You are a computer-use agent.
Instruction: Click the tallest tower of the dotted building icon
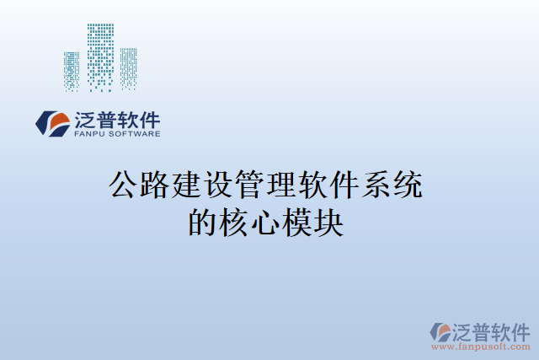point(101,56)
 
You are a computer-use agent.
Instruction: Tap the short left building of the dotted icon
point(72,71)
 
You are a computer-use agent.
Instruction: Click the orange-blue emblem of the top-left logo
point(52,124)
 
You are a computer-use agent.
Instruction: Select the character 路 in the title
point(157,184)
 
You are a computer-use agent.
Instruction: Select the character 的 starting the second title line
point(205,221)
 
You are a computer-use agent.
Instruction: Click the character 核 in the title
point(237,221)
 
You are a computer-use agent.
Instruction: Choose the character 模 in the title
point(301,221)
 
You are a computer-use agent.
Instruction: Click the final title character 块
point(333,221)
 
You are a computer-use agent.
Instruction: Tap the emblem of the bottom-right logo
point(440,331)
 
